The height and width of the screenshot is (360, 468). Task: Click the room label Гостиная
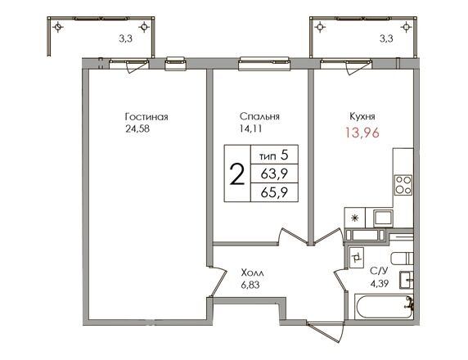(146, 116)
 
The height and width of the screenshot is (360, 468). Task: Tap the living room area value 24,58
(137, 129)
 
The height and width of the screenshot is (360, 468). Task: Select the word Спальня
(259, 116)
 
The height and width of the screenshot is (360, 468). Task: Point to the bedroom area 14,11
(250, 128)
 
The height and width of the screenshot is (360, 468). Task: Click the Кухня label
(362, 116)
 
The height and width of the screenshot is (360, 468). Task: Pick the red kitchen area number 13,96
(362, 133)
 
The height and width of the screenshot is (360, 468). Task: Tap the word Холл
(253, 272)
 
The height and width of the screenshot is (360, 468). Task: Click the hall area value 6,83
(250, 285)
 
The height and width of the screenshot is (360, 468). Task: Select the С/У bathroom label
(379, 271)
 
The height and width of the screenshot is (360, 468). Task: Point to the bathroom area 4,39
(380, 283)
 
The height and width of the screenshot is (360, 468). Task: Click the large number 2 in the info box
(237, 175)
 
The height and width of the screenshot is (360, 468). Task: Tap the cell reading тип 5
(274, 155)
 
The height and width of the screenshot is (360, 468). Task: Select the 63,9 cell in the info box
(274, 173)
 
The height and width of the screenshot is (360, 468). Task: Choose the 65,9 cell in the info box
(274, 192)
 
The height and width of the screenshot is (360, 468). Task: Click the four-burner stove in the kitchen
(403, 185)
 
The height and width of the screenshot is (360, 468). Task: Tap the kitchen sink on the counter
(384, 218)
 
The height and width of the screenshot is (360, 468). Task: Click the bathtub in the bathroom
(384, 307)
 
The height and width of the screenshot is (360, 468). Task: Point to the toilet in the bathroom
(402, 259)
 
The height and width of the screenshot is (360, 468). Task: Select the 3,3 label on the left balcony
(126, 38)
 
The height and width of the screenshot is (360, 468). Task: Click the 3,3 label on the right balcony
(386, 38)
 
